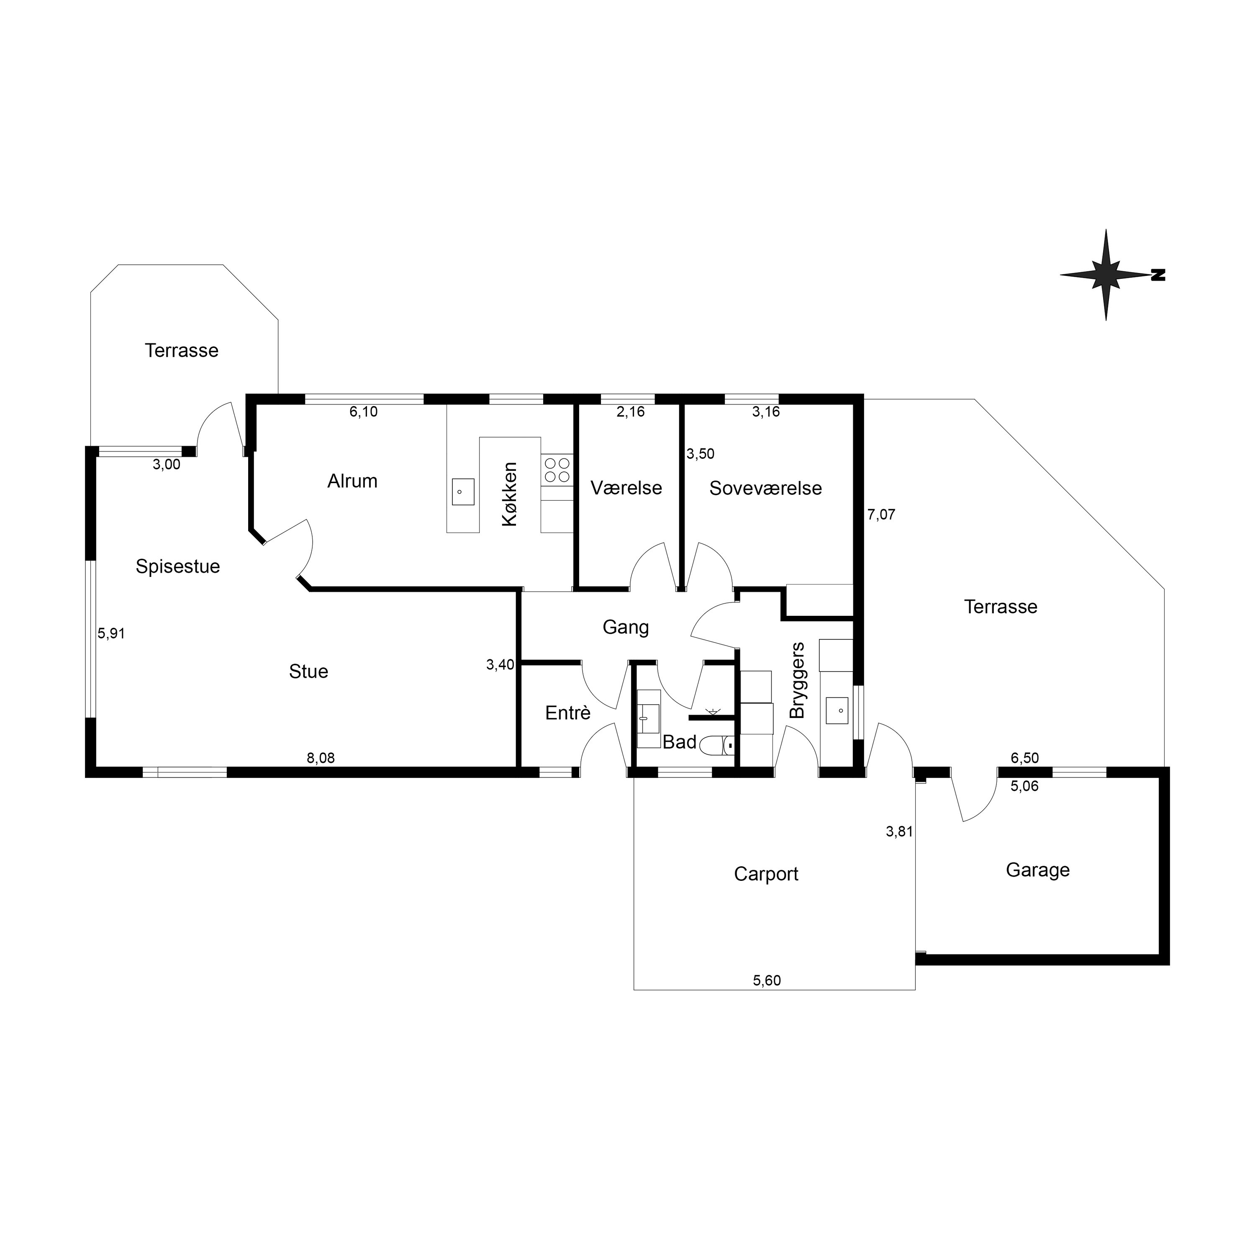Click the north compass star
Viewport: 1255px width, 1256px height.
pos(1106,275)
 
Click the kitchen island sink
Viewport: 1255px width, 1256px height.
pos(463,492)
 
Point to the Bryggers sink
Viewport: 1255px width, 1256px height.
pos(837,710)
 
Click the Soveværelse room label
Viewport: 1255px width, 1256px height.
pos(766,488)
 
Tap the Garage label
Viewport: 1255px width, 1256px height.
pos(1037,870)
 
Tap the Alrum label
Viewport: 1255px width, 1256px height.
pos(352,481)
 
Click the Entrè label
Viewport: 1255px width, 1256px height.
pos(568,713)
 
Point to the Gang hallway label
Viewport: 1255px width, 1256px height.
pos(626,627)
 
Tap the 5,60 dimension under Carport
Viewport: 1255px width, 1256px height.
pos(767,981)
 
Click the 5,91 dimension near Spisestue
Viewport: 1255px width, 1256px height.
pos(111,633)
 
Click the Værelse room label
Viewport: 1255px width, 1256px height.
pos(626,488)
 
